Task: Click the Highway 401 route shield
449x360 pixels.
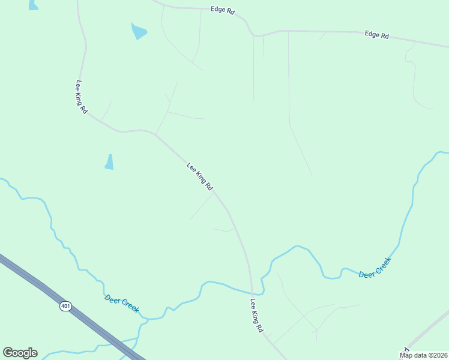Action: [x=65, y=306]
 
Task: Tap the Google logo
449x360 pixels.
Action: [x=20, y=353]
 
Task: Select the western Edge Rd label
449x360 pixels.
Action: [x=222, y=10]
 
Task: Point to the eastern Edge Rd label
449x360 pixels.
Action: [x=376, y=35]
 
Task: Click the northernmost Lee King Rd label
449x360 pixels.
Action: [x=81, y=97]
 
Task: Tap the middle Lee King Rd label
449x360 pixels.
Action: [x=200, y=176]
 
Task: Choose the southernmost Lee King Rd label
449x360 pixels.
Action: [x=257, y=316]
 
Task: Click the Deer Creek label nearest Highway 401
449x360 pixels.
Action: [x=122, y=304]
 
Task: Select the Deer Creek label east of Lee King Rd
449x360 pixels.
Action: [x=375, y=267]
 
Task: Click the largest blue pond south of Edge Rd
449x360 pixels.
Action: [x=139, y=30]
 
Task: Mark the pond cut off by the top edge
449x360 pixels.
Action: [x=33, y=5]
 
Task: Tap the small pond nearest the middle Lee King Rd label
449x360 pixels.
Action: [x=109, y=162]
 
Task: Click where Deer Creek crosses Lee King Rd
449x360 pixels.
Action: [x=252, y=293]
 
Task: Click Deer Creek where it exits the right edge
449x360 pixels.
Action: [x=444, y=152]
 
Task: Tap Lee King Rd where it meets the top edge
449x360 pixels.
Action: [x=78, y=2]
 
